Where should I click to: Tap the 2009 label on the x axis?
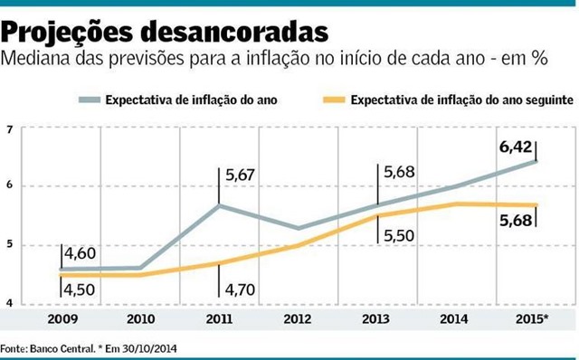[x=62, y=320]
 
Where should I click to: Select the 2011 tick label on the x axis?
[x=219, y=320]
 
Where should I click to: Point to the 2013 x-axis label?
[x=377, y=320]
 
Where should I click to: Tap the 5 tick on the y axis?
[x=10, y=245]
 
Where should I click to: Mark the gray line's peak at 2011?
[x=219, y=205]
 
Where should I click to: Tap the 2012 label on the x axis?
[x=299, y=320]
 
